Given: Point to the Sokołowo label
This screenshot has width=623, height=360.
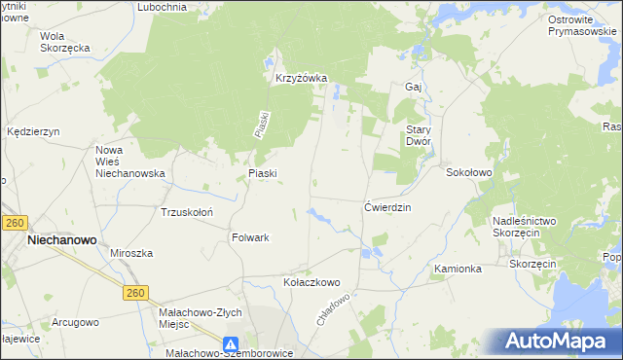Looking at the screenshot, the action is pyautogui.click(x=469, y=172).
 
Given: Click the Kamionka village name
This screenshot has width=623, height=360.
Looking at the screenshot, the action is pyautogui.click(x=458, y=269).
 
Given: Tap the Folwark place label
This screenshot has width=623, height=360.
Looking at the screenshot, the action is pyautogui.click(x=250, y=237).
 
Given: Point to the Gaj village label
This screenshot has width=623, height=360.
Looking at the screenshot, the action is pyautogui.click(x=412, y=87).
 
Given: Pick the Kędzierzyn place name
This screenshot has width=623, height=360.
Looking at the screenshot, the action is pyautogui.click(x=33, y=131).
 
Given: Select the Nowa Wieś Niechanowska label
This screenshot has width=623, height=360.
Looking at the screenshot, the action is pyautogui.click(x=130, y=162).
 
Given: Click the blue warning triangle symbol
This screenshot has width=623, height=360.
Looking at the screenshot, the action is pyautogui.click(x=231, y=343).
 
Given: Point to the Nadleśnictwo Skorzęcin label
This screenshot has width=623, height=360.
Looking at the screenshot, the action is pyautogui.click(x=524, y=228).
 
